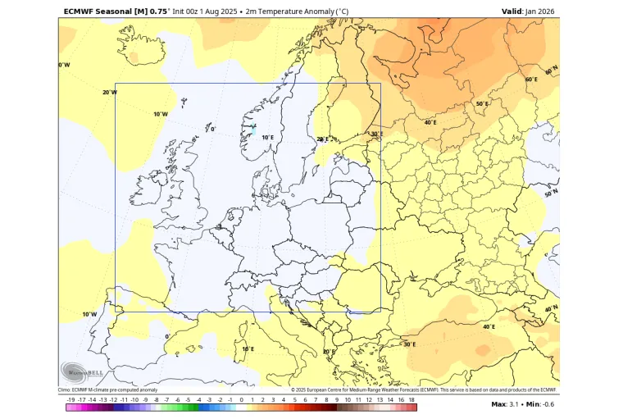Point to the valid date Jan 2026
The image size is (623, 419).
tap(541, 11)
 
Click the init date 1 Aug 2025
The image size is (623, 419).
tap(217, 11)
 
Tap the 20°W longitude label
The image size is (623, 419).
tap(110, 93)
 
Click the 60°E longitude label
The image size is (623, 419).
tap(530, 79)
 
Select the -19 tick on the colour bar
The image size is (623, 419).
tap(71, 400)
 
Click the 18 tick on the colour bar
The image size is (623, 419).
tap(412, 400)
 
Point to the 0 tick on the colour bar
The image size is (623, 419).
tap(241, 400)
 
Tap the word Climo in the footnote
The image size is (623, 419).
tap(64, 390)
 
